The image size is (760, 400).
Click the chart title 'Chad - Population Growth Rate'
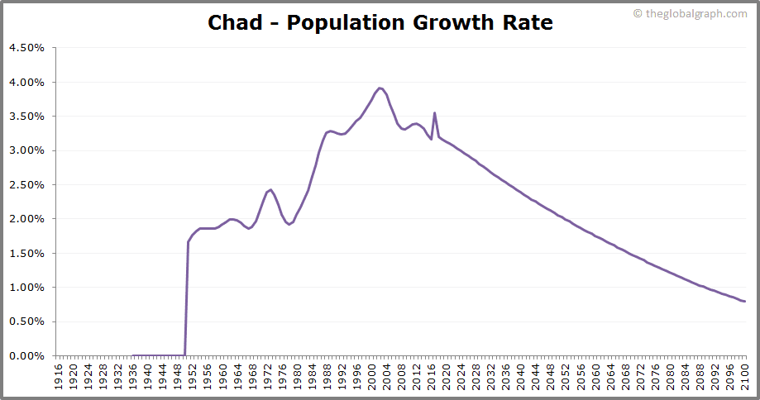pyautogui.click(x=380, y=22)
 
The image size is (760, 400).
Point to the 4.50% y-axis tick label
pyautogui.click(x=26, y=48)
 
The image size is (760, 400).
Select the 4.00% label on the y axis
pyautogui.click(x=26, y=83)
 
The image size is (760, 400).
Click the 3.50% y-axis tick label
pyautogui.click(x=26, y=117)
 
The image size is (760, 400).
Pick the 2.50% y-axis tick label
pyautogui.click(x=26, y=185)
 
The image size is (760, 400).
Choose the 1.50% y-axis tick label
pyautogui.click(x=26, y=254)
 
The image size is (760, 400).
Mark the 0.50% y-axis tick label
pyautogui.click(x=26, y=321)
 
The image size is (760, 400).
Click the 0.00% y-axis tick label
pyautogui.click(x=26, y=356)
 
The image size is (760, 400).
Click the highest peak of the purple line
pyautogui.click(x=380, y=88)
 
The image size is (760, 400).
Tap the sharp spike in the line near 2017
pyautogui.click(x=435, y=113)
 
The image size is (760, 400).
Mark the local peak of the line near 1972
pyautogui.click(x=270, y=189)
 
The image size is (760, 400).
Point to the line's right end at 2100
pyautogui.click(x=745, y=302)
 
